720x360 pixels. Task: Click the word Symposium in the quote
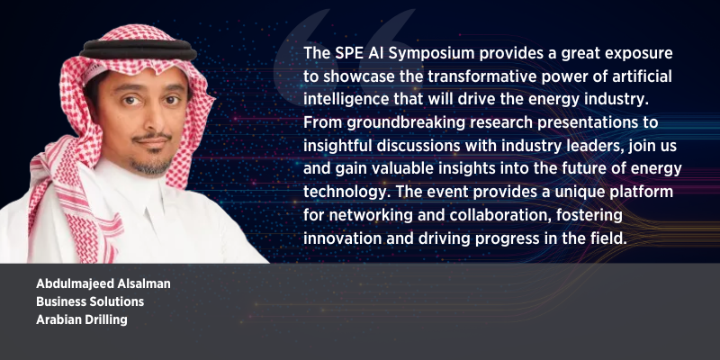click(432, 53)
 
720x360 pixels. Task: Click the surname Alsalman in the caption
click(143, 283)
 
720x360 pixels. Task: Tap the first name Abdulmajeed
click(75, 284)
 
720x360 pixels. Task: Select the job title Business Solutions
click(90, 301)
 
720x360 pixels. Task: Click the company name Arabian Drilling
click(82, 319)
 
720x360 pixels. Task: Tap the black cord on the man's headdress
click(138, 49)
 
